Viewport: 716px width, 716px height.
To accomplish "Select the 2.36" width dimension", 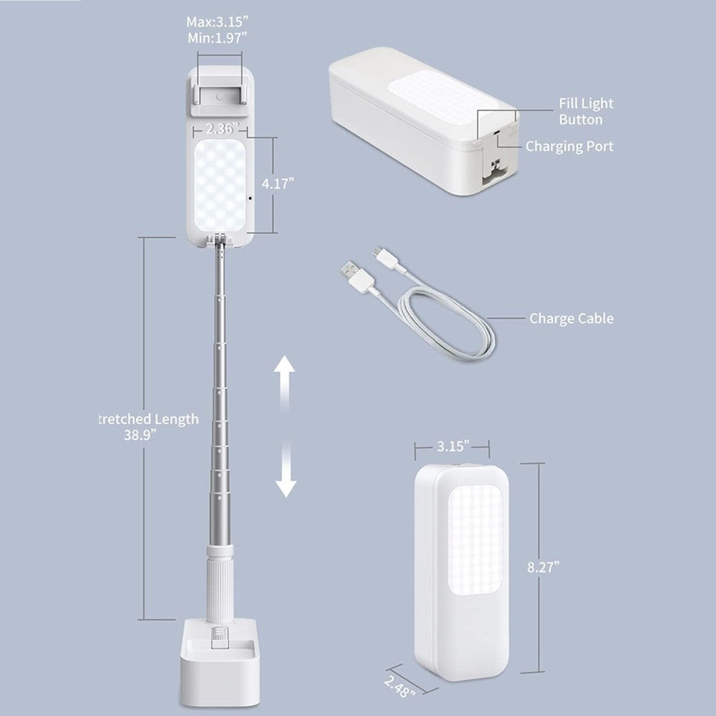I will click(220, 130).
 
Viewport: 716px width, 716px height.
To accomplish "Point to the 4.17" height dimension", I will click(278, 183).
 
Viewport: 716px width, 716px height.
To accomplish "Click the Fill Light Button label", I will click(586, 112).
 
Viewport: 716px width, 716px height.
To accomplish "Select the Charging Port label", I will click(569, 146).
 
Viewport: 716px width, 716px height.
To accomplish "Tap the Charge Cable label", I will click(571, 319).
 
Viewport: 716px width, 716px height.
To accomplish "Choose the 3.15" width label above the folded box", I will click(453, 446).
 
